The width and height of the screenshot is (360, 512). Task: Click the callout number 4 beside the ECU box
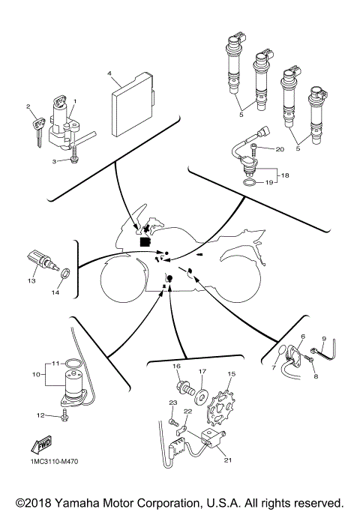click(x=109, y=74)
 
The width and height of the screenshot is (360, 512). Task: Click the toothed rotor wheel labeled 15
click(x=223, y=405)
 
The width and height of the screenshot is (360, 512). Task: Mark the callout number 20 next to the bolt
click(x=280, y=149)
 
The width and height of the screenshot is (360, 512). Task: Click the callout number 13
click(x=32, y=280)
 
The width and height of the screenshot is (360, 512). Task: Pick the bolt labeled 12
click(x=64, y=414)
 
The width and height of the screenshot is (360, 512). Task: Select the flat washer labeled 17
click(x=201, y=392)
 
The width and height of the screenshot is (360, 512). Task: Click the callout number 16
click(x=177, y=366)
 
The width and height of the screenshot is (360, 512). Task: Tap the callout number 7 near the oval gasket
click(x=274, y=368)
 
